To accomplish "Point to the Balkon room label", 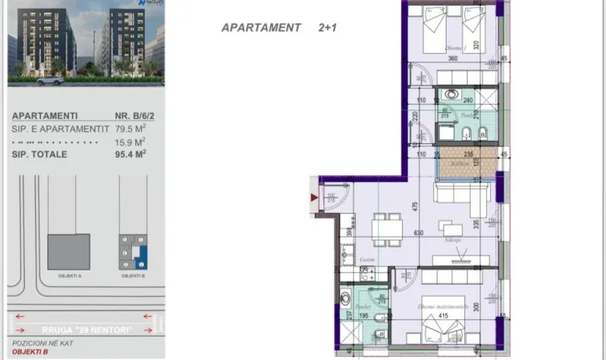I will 460,165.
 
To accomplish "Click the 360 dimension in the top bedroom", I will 452,58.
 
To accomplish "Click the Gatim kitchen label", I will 367,260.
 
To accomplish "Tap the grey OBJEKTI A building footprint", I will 68,252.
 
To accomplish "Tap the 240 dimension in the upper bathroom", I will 468,101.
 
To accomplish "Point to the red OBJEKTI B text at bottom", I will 30,351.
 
